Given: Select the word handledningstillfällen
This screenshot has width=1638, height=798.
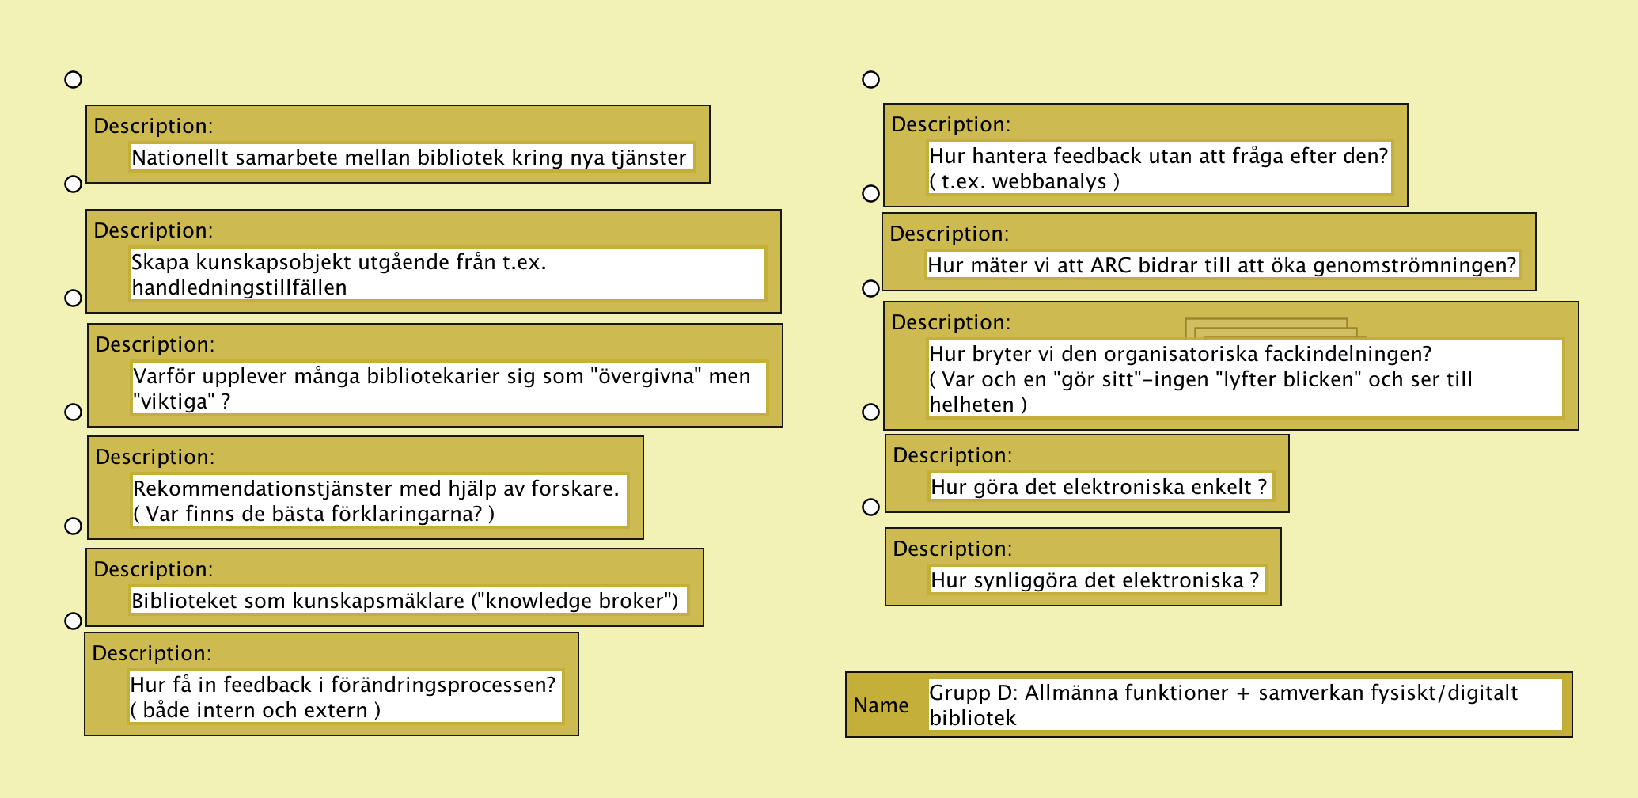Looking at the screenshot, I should pyautogui.click(x=239, y=287).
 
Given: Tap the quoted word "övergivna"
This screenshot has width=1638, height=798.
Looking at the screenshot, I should pyautogui.click(x=646, y=376).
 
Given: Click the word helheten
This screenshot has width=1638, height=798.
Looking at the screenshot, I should pyautogui.click(x=971, y=405).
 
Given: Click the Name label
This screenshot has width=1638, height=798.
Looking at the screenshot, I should pyautogui.click(x=881, y=705).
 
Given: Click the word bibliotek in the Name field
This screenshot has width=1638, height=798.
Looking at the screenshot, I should pyautogui.click(x=973, y=718).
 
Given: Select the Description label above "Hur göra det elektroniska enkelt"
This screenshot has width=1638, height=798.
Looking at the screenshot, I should pyautogui.click(x=952, y=455).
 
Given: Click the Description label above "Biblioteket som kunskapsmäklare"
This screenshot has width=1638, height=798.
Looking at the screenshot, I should pyautogui.click(x=153, y=569).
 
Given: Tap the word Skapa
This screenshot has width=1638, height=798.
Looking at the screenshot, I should pyautogui.click(x=161, y=262).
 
